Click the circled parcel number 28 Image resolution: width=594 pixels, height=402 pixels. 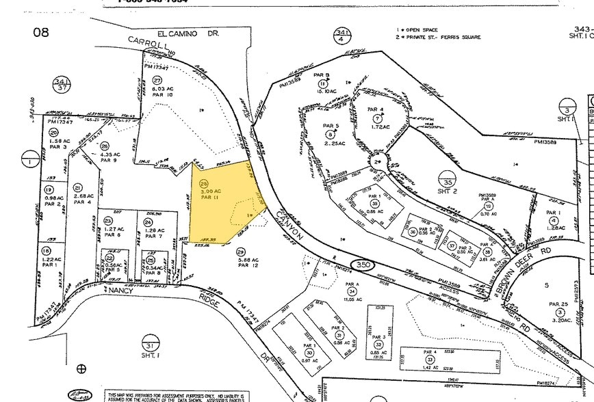coord(203,184)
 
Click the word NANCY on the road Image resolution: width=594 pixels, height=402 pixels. coord(121,290)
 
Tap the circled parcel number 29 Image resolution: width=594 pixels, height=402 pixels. coord(242,252)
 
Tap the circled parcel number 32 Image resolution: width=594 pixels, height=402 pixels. coord(378,345)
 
